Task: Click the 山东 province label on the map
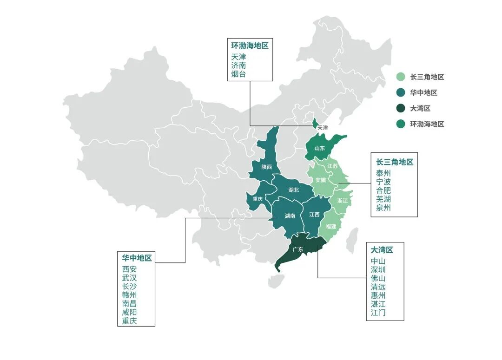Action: (x=319, y=148)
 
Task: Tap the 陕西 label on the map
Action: (x=266, y=167)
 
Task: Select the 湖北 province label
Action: (x=293, y=190)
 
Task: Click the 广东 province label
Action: (x=297, y=249)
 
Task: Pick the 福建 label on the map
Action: (x=331, y=227)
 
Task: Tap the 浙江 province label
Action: (x=342, y=201)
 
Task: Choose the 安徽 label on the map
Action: (x=320, y=180)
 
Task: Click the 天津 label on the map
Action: (x=322, y=127)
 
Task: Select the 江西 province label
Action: (x=314, y=215)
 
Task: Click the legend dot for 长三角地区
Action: (x=400, y=77)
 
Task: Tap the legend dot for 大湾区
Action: (x=400, y=109)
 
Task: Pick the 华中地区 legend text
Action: (x=423, y=93)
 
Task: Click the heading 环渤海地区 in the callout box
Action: (x=250, y=46)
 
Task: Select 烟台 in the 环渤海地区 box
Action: (x=238, y=74)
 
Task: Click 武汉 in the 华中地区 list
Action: (x=129, y=277)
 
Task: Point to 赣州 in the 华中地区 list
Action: (x=129, y=295)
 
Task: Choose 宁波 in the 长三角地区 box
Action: (x=383, y=182)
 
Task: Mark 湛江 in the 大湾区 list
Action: (x=378, y=304)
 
